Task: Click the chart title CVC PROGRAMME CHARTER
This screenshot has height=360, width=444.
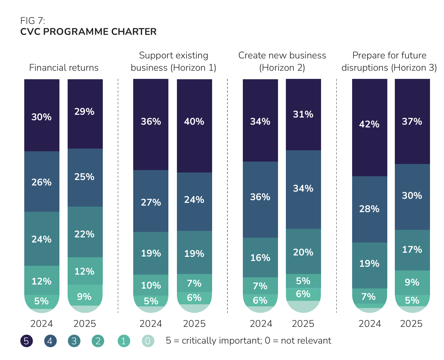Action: [88, 32]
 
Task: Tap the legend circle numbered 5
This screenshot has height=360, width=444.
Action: [27, 341]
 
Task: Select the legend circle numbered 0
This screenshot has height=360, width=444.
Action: [148, 341]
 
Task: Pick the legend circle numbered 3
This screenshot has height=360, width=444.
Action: [74, 341]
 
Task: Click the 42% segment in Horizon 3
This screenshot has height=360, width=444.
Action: [369, 124]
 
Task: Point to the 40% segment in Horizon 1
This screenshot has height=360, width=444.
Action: [194, 122]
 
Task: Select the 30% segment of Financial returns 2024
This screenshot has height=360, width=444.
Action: [41, 117]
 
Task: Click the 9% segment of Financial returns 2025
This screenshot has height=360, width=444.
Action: [84, 296]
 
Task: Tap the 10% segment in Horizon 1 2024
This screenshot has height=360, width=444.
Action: [151, 285]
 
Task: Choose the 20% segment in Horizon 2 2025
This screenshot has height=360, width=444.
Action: [303, 252]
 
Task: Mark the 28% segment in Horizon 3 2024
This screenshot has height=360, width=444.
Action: [369, 209]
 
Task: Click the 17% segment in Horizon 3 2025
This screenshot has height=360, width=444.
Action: [412, 250]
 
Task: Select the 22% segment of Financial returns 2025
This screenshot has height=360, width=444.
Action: [84, 234]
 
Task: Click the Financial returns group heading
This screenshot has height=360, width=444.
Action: [64, 68]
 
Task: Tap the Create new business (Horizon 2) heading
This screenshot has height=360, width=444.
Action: [282, 61]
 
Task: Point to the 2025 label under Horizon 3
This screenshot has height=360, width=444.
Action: [411, 323]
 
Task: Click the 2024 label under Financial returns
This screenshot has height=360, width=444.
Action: [42, 323]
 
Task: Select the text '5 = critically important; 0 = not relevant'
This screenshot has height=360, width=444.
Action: [248, 341]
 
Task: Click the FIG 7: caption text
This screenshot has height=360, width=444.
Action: [33, 20]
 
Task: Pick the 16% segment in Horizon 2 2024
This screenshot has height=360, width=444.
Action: [260, 258]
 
